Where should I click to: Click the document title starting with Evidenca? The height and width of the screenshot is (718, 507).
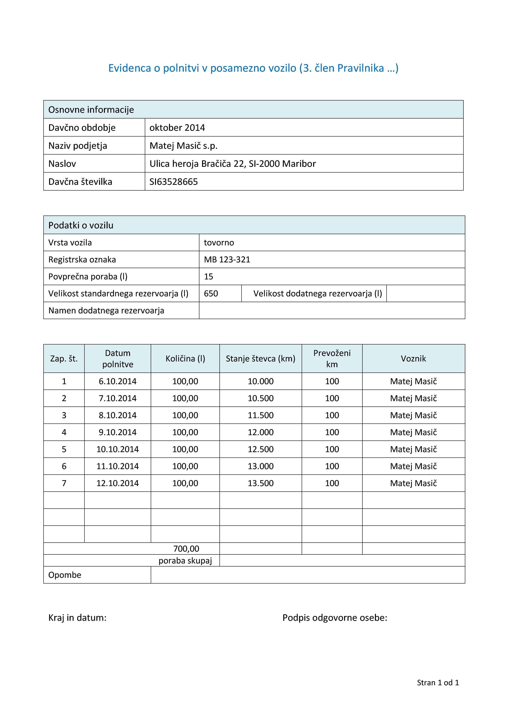(x=253, y=68)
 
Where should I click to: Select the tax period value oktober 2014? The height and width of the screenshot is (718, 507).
(x=177, y=128)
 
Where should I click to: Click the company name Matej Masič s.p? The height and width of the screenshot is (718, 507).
(x=183, y=146)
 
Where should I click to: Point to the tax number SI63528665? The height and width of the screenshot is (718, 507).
(x=173, y=182)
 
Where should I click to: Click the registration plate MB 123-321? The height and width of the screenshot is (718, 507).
(x=227, y=260)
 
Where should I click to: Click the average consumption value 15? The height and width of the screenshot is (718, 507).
(x=208, y=277)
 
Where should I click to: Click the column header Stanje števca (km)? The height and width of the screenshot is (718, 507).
(x=261, y=359)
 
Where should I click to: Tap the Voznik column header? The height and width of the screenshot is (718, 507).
(x=413, y=359)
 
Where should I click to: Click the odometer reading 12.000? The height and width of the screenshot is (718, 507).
(x=261, y=432)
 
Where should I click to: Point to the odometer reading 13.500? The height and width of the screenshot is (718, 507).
(x=261, y=483)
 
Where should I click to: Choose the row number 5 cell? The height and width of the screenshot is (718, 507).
(x=64, y=449)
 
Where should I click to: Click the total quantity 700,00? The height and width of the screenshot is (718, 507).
(x=186, y=549)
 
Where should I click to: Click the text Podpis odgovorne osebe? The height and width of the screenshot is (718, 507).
(x=335, y=618)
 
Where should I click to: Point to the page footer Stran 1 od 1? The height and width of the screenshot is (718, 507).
(x=438, y=683)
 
